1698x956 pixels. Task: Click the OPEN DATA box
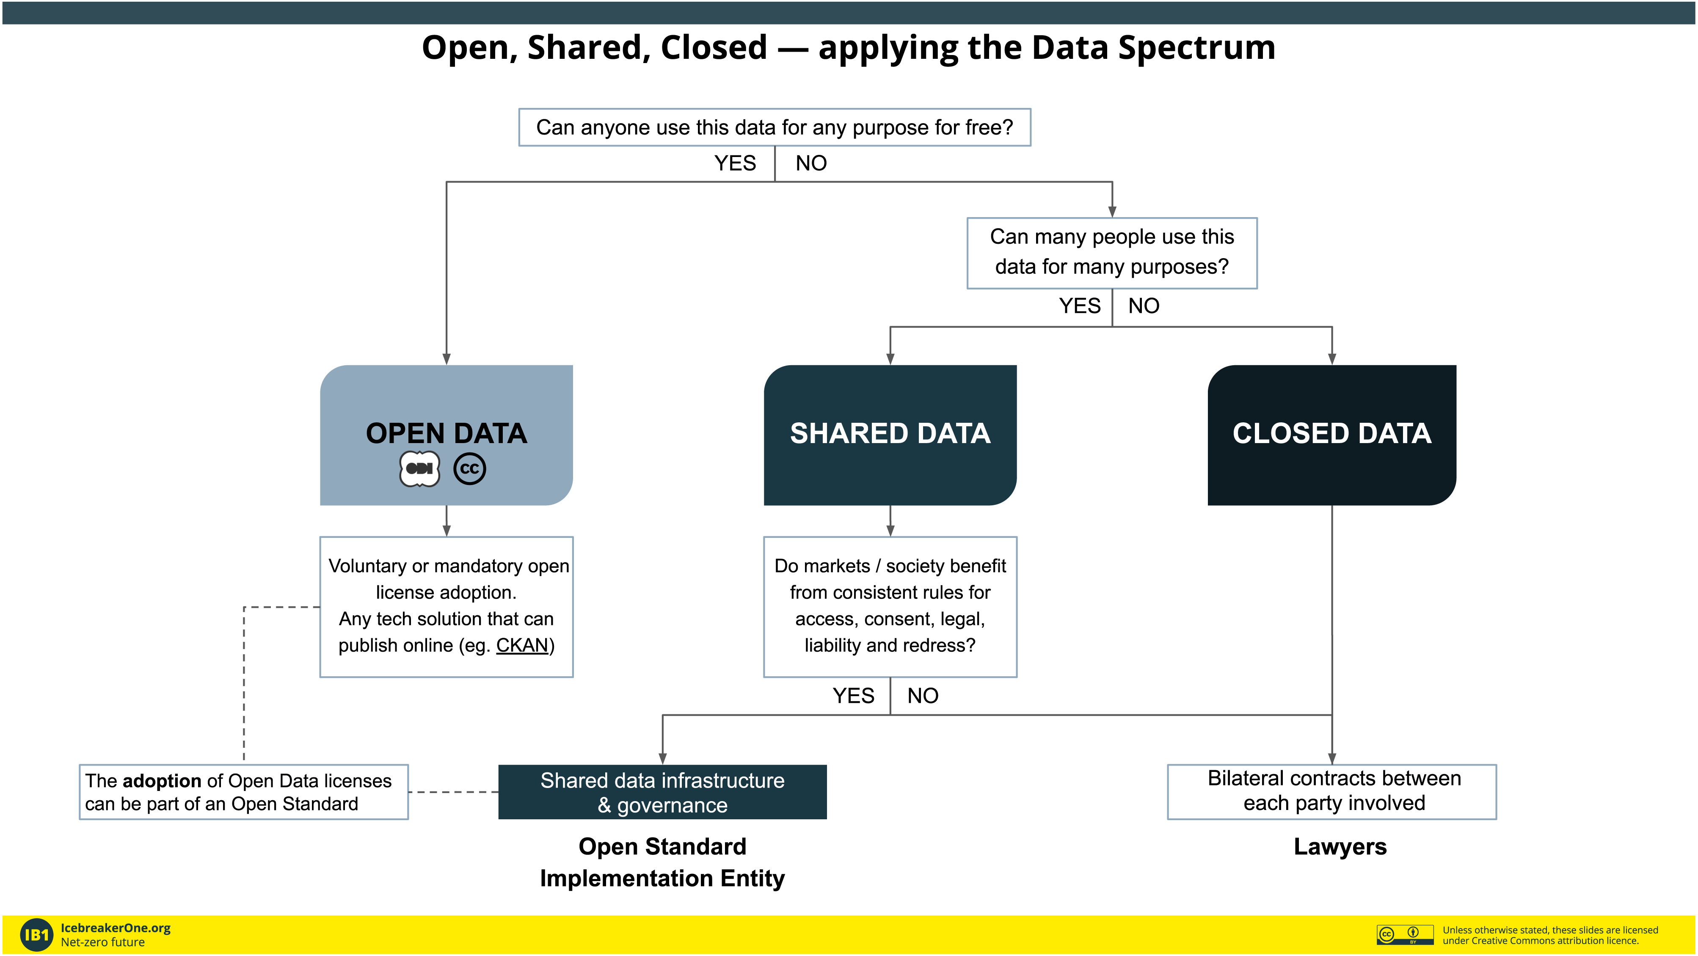446,435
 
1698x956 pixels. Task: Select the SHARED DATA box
890,435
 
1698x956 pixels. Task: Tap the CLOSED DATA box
1331,435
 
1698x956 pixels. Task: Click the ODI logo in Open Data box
420,469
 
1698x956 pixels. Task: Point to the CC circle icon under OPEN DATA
470,469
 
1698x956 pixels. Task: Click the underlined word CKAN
522,645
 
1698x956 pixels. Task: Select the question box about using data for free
775,127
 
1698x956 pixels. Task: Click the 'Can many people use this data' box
1112,253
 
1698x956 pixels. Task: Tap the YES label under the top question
735,163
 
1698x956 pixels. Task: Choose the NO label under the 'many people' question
1144,306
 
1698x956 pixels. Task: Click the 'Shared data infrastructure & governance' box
662,792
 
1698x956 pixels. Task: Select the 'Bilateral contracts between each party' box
1331,792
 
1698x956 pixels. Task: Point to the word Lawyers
1340,846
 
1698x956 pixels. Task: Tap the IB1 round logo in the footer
36,935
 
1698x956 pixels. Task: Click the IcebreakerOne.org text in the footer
116,928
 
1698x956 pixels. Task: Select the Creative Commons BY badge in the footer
1405,934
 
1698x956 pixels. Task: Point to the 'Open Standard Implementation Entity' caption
662,862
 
